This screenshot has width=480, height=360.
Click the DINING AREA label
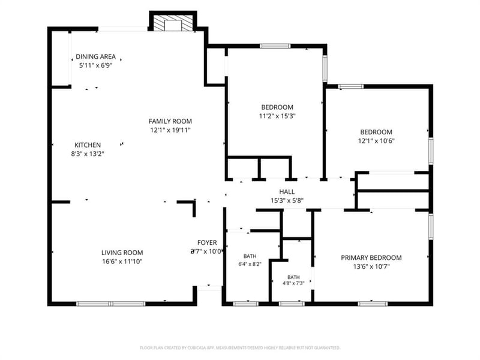96,56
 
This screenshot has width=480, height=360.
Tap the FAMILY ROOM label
170,121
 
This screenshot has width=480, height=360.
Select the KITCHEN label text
88,145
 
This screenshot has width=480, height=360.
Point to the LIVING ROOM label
122,253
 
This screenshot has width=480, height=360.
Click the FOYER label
207,243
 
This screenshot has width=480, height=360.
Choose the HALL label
287,192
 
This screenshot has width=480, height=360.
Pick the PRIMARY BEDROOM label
371,258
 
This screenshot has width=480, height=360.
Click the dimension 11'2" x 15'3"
277,116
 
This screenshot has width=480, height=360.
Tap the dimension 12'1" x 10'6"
376,141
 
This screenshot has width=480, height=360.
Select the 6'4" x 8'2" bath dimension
250,264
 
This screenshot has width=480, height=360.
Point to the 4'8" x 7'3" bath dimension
293,283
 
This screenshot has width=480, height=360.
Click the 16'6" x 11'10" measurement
122,262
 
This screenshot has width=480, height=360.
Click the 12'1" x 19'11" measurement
170,130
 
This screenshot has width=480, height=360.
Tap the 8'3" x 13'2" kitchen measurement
88,154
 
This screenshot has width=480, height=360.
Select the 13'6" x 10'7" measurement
371,266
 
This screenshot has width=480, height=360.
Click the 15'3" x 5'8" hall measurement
287,200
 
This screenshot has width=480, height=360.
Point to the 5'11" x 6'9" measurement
96,65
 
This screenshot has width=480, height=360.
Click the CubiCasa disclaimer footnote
240,348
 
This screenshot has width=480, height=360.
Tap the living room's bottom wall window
110,304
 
